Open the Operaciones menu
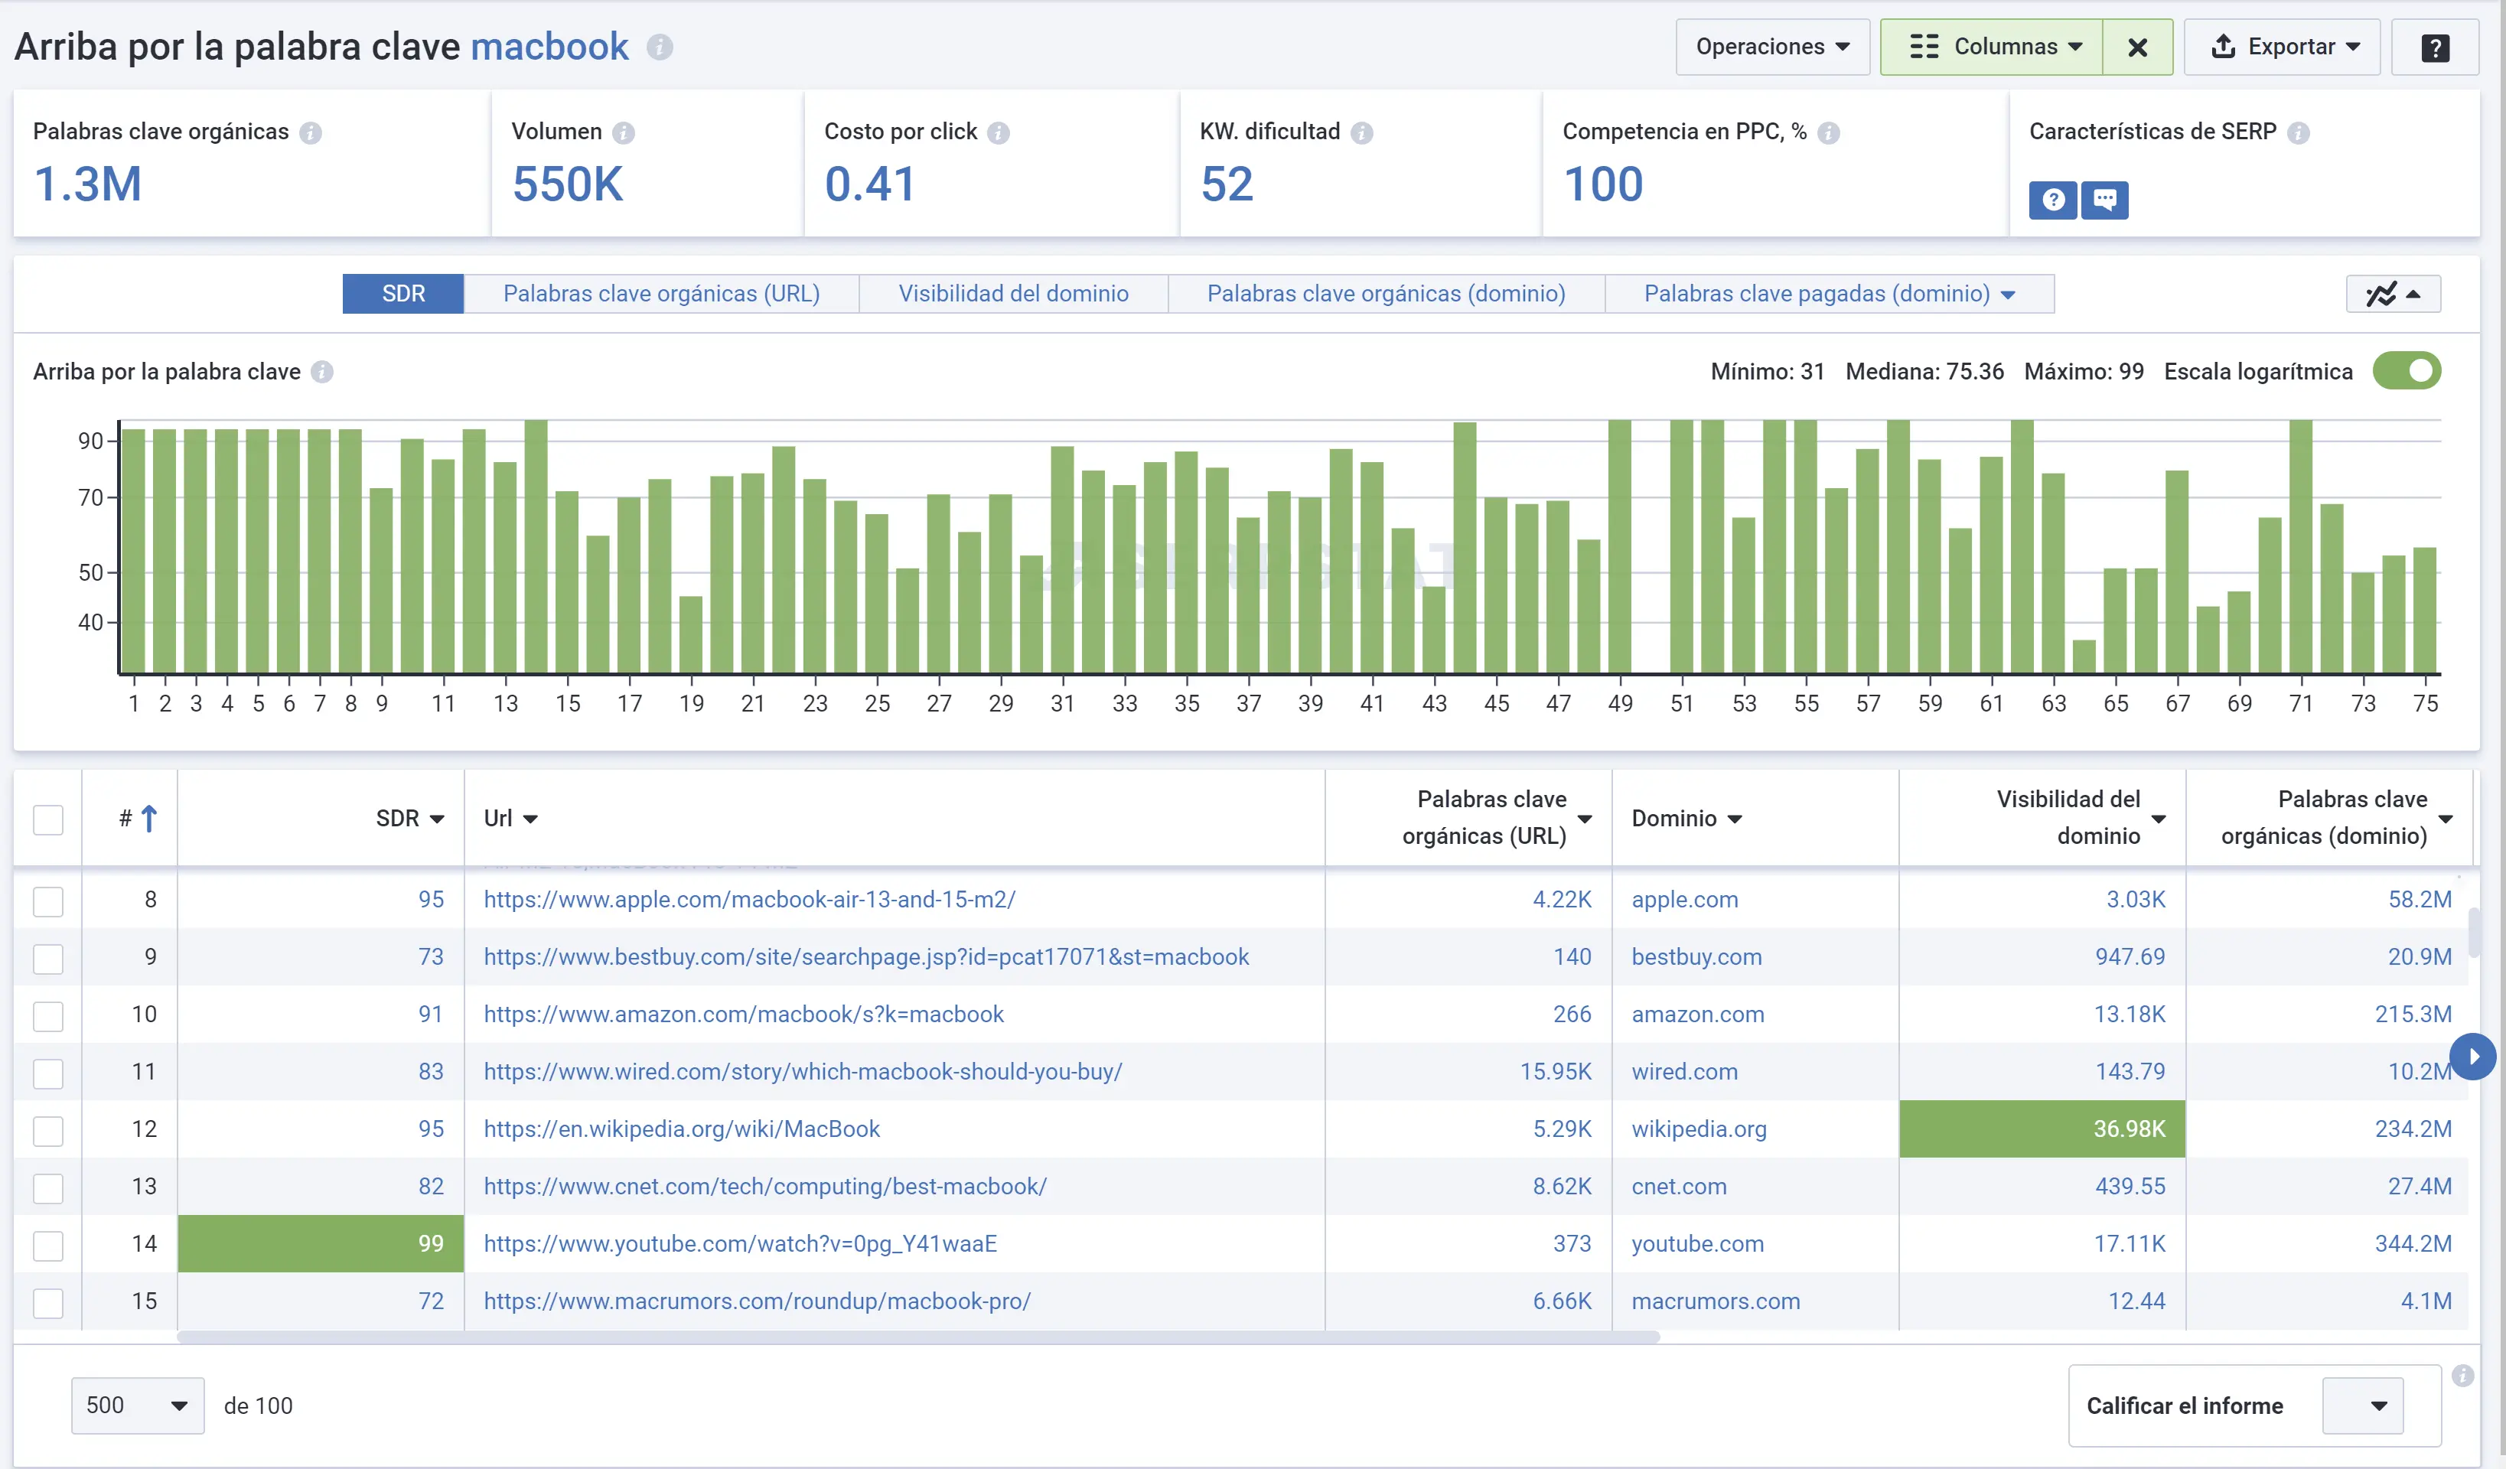click(x=1771, y=47)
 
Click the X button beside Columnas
click(x=2136, y=47)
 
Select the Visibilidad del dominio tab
click(x=1012, y=293)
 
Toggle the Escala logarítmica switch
click(x=2406, y=371)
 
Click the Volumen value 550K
click(x=567, y=184)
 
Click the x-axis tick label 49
click(x=1619, y=703)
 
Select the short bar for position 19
click(x=690, y=634)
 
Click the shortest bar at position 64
click(x=2084, y=656)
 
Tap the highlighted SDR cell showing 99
click(x=320, y=1243)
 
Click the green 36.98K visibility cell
click(x=2041, y=1129)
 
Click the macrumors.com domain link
click(x=1715, y=1301)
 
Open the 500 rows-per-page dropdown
click(x=137, y=1405)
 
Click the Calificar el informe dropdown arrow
click(x=2377, y=1405)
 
